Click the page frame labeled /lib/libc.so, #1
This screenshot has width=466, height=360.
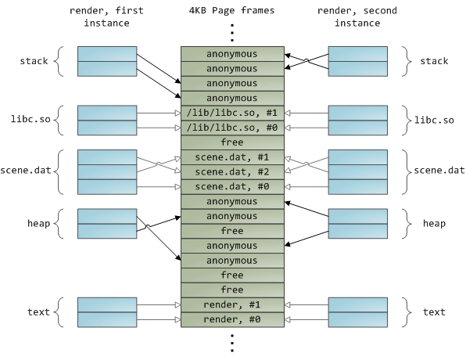coord(231,113)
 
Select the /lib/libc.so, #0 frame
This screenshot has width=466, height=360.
coord(231,128)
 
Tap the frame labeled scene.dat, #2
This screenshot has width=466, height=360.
coord(231,171)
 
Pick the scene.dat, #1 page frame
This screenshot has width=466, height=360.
coord(231,157)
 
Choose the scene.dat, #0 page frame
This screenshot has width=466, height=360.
coord(231,186)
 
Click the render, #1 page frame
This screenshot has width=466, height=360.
coord(231,304)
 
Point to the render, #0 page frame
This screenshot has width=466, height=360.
coord(231,319)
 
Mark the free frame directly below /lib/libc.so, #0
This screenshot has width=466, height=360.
coord(231,142)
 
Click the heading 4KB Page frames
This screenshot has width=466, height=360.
coord(231,10)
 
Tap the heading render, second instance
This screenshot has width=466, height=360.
coord(358,16)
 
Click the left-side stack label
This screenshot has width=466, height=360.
coord(34,60)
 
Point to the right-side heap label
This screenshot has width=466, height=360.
coord(433,224)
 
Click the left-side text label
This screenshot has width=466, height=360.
coord(38,312)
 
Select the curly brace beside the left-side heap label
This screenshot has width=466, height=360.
coord(60,224)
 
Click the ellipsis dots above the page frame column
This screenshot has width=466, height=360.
coord(231,31)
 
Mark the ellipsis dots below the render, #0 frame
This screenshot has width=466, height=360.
coord(231,342)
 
